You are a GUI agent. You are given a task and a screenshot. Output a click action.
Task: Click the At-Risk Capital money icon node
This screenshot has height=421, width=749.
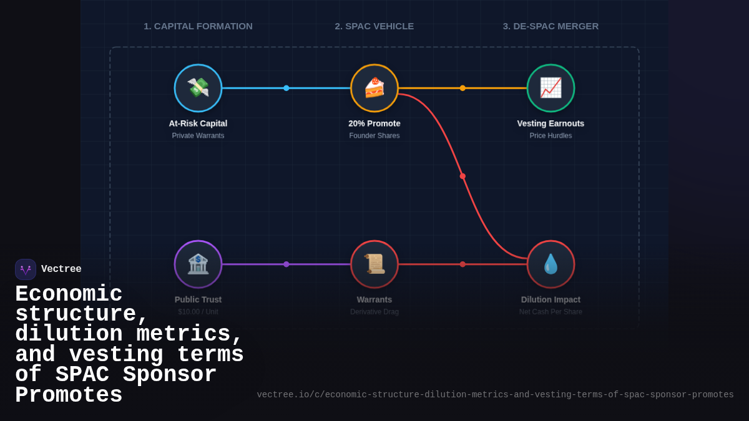point(198,88)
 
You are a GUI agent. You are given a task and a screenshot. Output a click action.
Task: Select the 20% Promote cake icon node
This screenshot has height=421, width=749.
point(374,88)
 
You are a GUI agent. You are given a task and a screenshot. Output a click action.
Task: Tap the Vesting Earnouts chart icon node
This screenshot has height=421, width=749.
point(551,88)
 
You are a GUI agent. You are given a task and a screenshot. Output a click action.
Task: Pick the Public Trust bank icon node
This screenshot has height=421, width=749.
point(198,264)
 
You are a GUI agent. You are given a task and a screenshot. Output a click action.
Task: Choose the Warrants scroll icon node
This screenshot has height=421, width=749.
point(374,264)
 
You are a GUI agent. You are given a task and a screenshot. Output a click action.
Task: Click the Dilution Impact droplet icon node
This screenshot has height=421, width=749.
point(551,264)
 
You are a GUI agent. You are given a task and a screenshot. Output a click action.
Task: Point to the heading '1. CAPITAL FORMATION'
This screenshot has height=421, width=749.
point(198,26)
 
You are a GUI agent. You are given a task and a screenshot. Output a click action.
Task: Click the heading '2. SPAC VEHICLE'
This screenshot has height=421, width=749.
point(374,26)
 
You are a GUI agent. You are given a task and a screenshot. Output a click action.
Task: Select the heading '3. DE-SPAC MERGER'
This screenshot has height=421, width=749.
point(551,26)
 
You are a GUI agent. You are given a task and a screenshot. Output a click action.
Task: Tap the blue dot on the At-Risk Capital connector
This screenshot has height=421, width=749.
point(286,88)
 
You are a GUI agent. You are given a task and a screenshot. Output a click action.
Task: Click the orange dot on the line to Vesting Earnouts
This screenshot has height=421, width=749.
point(463,88)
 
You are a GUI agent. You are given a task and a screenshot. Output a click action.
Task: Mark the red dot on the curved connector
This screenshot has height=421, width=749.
point(463,176)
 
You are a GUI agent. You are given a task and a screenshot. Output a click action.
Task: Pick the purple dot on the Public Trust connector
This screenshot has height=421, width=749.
point(286,264)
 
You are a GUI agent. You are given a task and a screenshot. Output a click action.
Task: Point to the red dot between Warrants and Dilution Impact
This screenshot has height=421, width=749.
point(463,264)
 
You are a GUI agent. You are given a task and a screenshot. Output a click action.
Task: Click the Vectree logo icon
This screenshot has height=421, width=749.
point(26,269)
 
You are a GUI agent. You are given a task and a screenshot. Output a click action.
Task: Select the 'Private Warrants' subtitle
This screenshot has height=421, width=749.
point(198,135)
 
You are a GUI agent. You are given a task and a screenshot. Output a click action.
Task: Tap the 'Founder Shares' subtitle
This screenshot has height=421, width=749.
point(374,135)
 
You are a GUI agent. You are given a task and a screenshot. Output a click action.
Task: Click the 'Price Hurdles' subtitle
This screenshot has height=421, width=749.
point(551,135)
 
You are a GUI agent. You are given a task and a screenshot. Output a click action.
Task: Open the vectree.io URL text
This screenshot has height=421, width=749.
point(495,395)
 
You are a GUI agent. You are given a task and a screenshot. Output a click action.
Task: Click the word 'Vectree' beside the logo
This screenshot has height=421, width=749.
point(61,269)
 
